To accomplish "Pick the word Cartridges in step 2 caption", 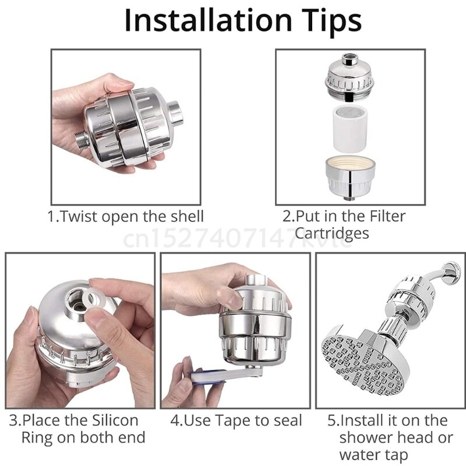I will (x=332, y=234).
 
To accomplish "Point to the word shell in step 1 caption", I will (x=185, y=217).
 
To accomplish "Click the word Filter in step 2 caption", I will (x=385, y=216).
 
